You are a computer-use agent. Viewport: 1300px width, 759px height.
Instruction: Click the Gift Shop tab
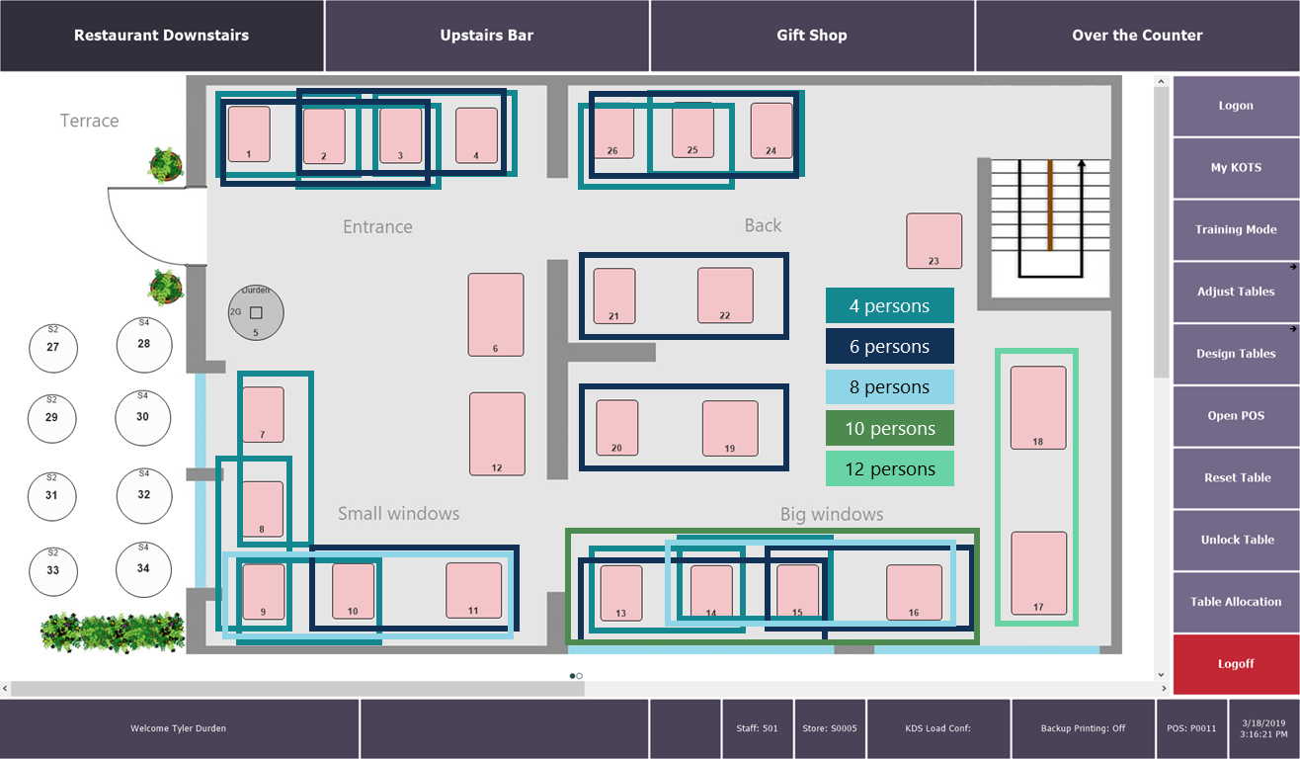(x=812, y=36)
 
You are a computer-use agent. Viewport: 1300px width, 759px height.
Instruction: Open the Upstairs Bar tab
(x=486, y=36)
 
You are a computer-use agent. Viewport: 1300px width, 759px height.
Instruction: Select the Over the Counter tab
(x=1137, y=36)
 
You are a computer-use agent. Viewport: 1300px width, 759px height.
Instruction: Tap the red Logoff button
(x=1236, y=664)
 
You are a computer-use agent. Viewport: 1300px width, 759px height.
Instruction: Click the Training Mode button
(x=1236, y=229)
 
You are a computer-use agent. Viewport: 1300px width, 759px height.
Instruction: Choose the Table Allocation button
(x=1236, y=602)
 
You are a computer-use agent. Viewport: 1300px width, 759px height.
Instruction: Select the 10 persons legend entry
(x=889, y=429)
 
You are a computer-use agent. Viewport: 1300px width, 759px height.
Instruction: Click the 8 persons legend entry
(x=889, y=387)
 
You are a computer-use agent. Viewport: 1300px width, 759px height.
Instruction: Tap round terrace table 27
(x=52, y=347)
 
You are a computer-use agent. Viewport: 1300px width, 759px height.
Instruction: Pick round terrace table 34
(x=143, y=568)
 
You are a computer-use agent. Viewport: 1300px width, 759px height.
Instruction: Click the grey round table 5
(x=256, y=312)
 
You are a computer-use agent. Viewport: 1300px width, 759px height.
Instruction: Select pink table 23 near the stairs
(x=934, y=240)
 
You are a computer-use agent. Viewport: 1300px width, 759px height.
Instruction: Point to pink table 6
(x=496, y=314)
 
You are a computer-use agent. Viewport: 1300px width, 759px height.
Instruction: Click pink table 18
(x=1038, y=407)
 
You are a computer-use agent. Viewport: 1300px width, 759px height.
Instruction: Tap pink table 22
(x=725, y=295)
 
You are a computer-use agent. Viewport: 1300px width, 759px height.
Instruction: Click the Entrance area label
(x=377, y=227)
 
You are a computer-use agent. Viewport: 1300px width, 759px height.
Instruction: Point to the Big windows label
(x=832, y=514)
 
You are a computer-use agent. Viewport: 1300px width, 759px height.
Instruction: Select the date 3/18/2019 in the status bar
(x=1263, y=723)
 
